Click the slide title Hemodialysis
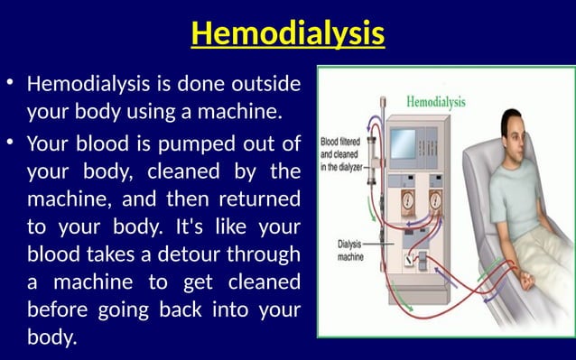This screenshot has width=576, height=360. click(288, 34)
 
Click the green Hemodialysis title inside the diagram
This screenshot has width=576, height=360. click(437, 102)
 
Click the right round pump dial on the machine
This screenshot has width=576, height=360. click(436, 198)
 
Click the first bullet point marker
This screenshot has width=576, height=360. click(11, 85)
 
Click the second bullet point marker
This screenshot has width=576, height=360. click(11, 143)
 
